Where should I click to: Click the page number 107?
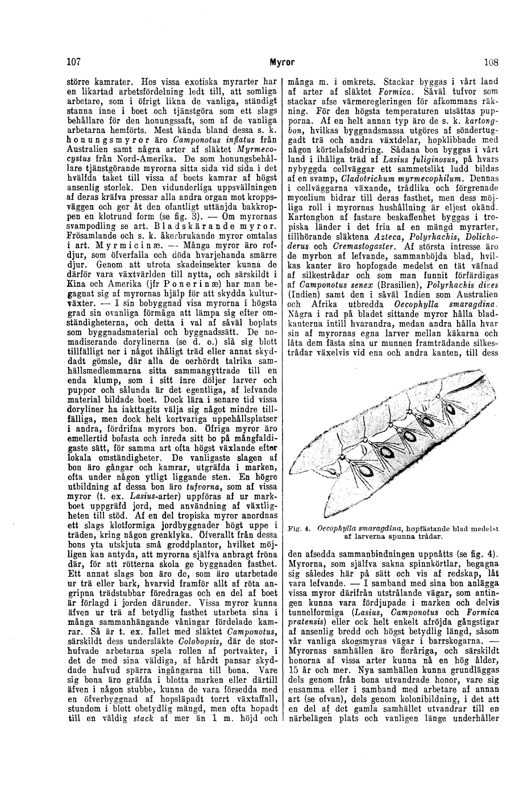(x=73, y=61)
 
